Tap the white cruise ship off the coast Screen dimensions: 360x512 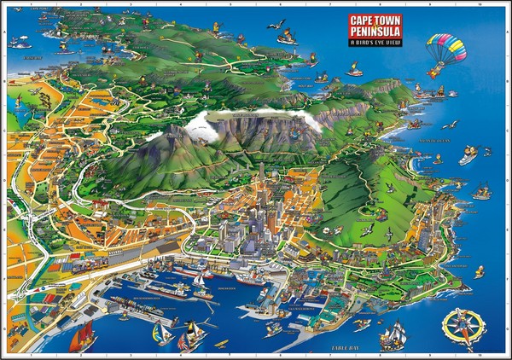pyautogui.click(x=468, y=156)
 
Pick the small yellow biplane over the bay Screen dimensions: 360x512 pyautogui.click(x=220, y=343)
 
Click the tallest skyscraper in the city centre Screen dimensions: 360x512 pyautogui.click(x=261, y=183)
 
